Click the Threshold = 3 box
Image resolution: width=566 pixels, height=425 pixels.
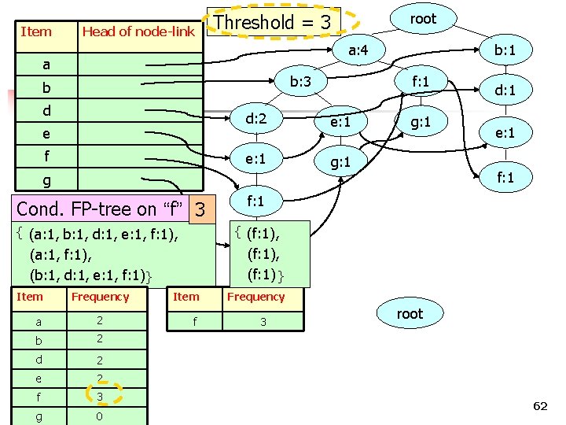pyautogui.click(x=273, y=22)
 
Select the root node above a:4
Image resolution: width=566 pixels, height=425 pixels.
pyautogui.click(x=423, y=19)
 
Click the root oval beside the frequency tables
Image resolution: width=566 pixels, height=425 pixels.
pyautogui.click(x=409, y=314)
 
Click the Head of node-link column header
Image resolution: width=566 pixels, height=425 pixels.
pyautogui.click(x=138, y=31)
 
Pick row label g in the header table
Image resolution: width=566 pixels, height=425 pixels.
pyautogui.click(x=46, y=180)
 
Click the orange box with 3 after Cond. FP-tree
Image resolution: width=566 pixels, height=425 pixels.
pyautogui.click(x=200, y=210)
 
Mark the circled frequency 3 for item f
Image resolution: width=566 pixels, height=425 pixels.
pyautogui.click(x=100, y=396)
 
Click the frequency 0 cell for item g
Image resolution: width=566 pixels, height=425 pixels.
pyautogui.click(x=100, y=416)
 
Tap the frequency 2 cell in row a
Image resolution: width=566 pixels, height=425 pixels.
pyautogui.click(x=100, y=321)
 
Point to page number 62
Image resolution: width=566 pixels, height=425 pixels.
pyautogui.click(x=539, y=406)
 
